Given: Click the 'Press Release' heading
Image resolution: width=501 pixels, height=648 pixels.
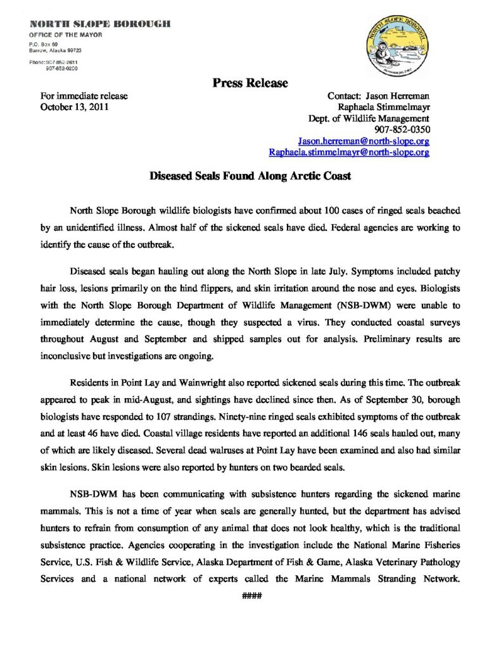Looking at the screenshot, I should click(x=250, y=83).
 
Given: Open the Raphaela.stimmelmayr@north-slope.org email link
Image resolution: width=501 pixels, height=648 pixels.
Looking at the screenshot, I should click(x=349, y=153).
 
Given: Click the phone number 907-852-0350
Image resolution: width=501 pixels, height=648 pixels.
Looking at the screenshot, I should click(x=403, y=130).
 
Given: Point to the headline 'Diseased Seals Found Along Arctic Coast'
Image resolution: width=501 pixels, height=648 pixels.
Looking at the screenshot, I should click(x=250, y=177).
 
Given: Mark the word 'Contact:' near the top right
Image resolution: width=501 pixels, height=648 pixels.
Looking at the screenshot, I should click(x=345, y=96).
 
